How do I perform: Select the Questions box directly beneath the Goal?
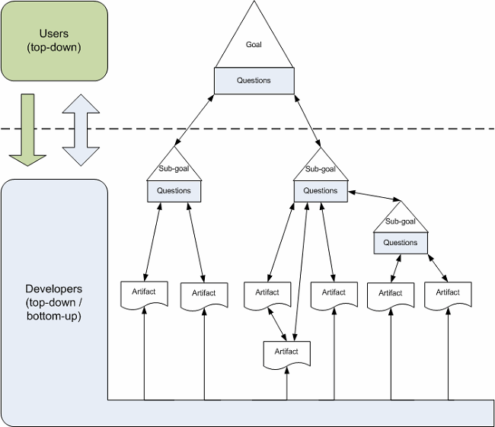[254, 81]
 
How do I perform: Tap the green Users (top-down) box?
[54, 40]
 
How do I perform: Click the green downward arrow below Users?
[27, 129]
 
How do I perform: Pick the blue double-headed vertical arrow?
[81, 129]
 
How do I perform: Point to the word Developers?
[53, 288]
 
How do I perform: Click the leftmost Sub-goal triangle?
[174, 167]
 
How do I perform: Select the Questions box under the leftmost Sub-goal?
[174, 191]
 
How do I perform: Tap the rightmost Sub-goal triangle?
[401, 220]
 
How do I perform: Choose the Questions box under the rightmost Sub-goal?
[401, 243]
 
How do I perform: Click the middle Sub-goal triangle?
[321, 167]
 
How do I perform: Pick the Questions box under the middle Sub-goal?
[321, 191]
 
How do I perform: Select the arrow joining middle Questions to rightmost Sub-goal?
[374, 196]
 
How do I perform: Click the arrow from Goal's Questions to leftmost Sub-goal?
[194, 120]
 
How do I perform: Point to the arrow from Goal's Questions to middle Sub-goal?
[308, 121]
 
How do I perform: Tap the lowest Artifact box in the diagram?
[287, 353]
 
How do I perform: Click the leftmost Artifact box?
[144, 294]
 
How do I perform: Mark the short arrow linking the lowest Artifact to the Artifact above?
[277, 324]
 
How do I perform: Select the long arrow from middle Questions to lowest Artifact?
[300, 272]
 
